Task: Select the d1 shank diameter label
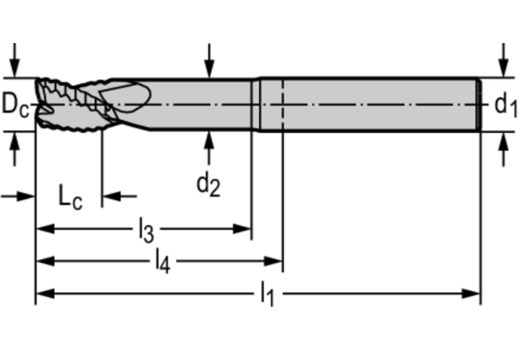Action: [x=505, y=105]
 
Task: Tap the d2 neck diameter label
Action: [x=209, y=184]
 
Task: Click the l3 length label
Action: [x=146, y=230]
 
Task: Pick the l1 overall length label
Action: [x=267, y=294]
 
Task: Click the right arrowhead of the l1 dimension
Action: [x=471, y=293]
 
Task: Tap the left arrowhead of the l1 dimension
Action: [x=45, y=293]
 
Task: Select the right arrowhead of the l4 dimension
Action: [x=273, y=261]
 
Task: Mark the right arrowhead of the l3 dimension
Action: [x=242, y=229]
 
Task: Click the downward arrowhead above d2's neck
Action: [x=209, y=69]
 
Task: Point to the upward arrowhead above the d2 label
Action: [x=209, y=140]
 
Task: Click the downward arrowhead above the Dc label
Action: [x=14, y=69]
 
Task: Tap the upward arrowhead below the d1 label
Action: [x=504, y=142]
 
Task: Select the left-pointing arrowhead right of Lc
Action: [x=112, y=196]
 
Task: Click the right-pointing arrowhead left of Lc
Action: [x=26, y=196]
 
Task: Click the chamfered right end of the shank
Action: [x=479, y=104]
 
